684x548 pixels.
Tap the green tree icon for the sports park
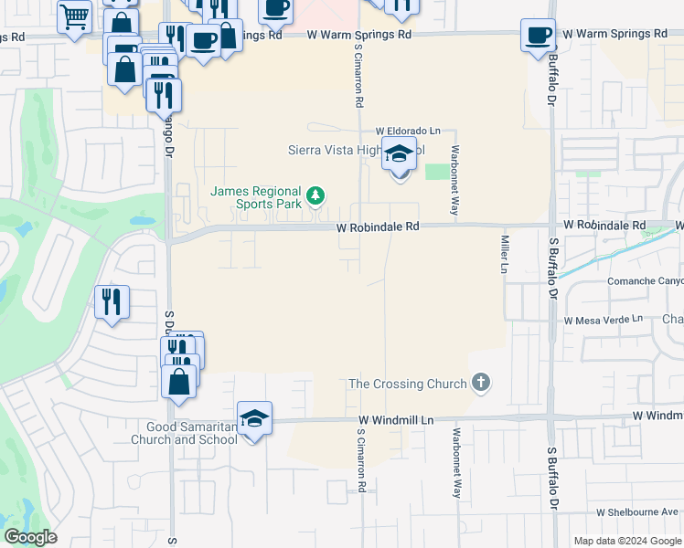315,195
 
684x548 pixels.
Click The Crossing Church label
408,384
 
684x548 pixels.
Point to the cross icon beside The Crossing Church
482,384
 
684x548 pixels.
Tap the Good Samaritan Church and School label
191,433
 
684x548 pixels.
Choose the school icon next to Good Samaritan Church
254,418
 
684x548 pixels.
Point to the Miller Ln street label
504,254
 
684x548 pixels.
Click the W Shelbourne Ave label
638,512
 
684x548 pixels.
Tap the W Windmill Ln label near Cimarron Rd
395,419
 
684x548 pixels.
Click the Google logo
30,537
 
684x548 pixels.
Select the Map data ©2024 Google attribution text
627,541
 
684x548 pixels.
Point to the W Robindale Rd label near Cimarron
377,226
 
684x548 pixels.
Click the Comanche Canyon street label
645,281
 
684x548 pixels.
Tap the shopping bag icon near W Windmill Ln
179,379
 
